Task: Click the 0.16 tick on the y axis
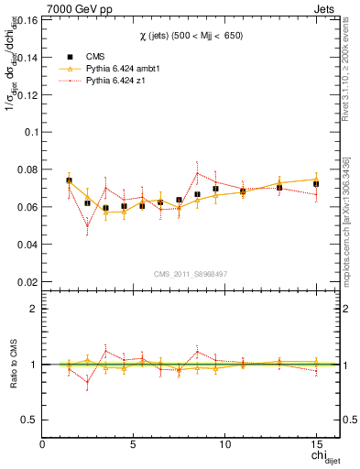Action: click(28, 18)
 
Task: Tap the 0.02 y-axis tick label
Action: click(28, 282)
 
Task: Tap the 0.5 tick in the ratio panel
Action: click(31, 419)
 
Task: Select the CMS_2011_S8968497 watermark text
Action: click(190, 274)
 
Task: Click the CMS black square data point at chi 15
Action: click(316, 184)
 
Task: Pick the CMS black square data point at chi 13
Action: click(279, 188)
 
